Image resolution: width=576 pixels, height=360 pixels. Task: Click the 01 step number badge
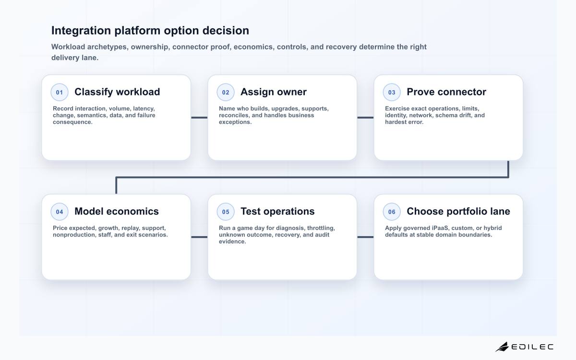(60, 92)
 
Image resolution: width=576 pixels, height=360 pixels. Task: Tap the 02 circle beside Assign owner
(226, 92)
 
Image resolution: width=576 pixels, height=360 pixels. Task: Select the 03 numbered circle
(392, 92)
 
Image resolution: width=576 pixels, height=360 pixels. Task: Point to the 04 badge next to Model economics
(60, 212)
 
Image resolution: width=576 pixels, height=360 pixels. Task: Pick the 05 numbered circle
(226, 212)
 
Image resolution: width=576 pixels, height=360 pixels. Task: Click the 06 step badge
(392, 212)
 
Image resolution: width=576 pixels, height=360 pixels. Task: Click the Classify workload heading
(117, 92)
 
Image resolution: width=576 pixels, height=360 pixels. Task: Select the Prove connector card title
(446, 92)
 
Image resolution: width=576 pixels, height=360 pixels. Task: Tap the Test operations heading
(277, 212)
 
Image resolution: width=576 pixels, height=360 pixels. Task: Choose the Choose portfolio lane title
(458, 212)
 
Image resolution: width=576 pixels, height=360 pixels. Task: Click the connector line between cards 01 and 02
(199, 118)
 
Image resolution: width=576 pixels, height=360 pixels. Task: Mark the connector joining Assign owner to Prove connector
(365, 118)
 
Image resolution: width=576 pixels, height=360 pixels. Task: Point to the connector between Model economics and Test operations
(199, 237)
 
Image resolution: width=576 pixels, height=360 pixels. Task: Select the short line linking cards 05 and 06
(365, 237)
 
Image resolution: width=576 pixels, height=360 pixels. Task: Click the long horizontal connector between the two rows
(312, 177)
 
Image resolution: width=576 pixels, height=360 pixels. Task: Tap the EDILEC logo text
(532, 347)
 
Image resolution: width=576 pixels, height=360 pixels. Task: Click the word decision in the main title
(226, 31)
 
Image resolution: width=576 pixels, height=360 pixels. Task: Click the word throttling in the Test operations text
(321, 228)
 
